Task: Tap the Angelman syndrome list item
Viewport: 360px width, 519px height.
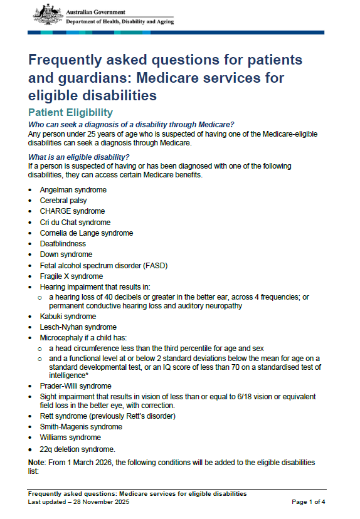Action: pos(73,190)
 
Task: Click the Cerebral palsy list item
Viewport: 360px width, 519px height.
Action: pos(63,201)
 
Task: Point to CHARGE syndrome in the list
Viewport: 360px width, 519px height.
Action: pos(72,211)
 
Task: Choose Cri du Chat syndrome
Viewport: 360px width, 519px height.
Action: pos(75,222)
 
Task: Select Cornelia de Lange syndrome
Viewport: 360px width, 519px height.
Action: pos(87,233)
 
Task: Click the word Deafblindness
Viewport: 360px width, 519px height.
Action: pos(63,244)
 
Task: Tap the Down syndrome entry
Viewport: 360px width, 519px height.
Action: pos(66,254)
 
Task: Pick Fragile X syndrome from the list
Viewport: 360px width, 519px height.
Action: pos(71,276)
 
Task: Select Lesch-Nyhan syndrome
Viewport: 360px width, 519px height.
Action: pos(78,327)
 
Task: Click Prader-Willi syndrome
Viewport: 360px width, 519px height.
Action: pos(75,386)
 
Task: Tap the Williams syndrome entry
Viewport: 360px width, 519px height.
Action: pos(71,438)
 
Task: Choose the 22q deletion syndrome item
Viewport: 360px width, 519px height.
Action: pos(77,449)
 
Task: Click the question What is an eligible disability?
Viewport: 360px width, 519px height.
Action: pos(79,157)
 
